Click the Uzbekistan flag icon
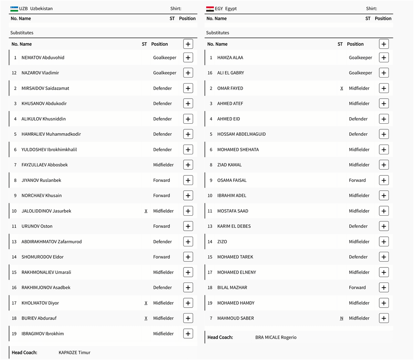tap(14, 8)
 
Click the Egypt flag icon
tap(210, 8)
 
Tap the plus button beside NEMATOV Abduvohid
tap(188, 58)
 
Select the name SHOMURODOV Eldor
tap(42, 257)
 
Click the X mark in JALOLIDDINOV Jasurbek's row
tap(146, 211)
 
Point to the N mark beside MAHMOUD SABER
tap(342, 318)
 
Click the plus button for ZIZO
tap(384, 242)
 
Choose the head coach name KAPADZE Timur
tap(74, 353)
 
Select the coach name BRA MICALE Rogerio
tap(276, 337)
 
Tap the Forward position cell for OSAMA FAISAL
tap(357, 180)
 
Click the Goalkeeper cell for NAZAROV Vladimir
tap(165, 73)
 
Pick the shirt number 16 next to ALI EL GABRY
tap(210, 73)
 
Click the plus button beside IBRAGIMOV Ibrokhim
tap(188, 334)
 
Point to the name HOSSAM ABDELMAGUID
tap(241, 134)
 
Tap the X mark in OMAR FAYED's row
tap(342, 88)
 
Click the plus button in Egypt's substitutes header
tap(384, 44)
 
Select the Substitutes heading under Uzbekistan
tap(22, 33)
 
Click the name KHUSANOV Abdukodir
tap(44, 104)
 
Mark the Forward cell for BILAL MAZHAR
tap(357, 288)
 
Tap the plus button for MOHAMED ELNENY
tap(384, 272)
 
